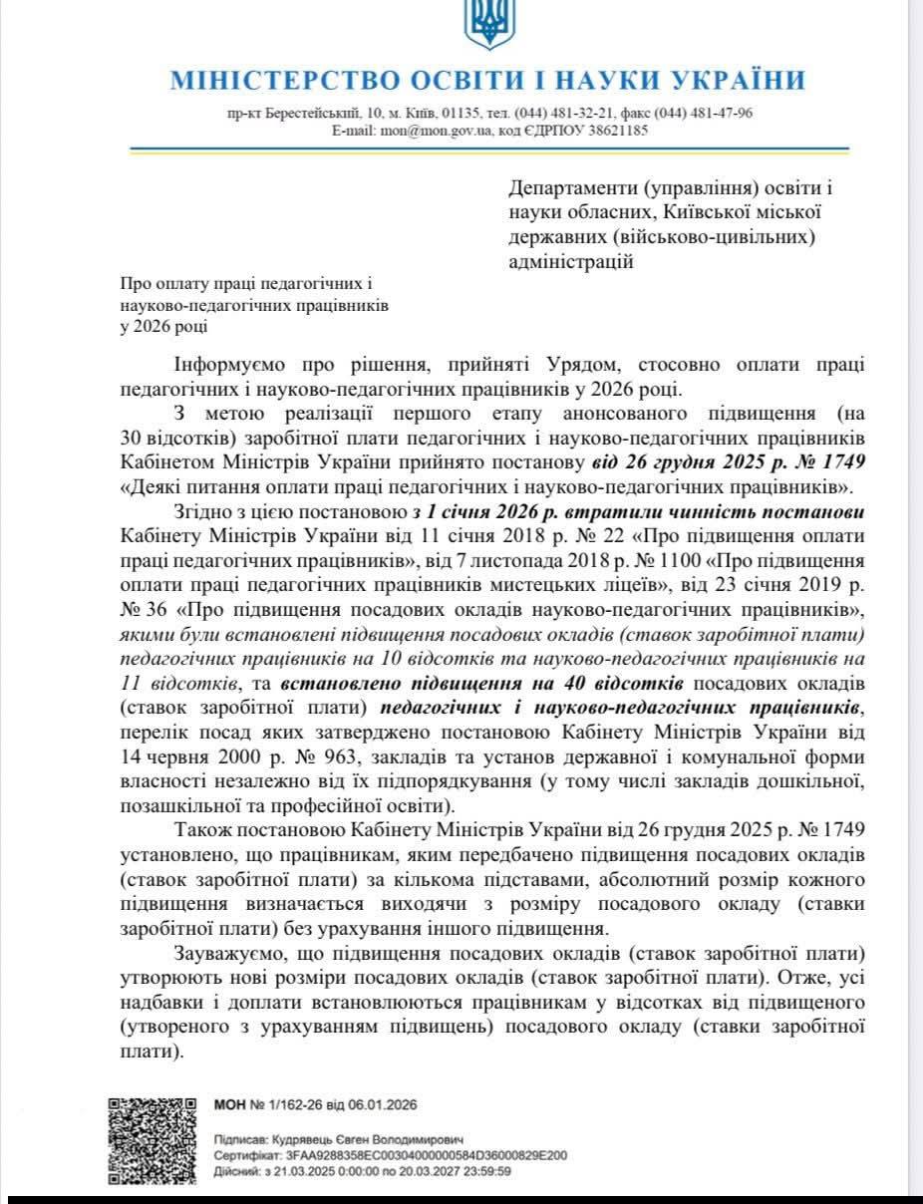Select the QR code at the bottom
click(x=152, y=1140)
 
